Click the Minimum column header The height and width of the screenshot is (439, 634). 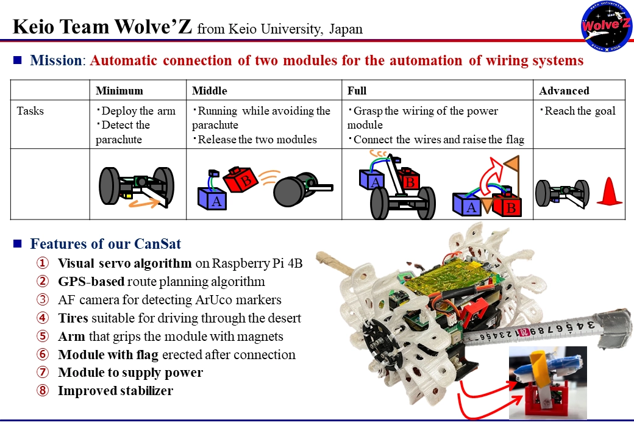(119, 91)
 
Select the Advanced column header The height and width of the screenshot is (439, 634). (564, 91)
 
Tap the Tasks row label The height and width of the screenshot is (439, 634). (30, 111)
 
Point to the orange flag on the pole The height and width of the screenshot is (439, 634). (511, 163)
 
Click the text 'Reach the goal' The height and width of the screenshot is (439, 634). (580, 111)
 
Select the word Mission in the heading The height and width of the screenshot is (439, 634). (55, 60)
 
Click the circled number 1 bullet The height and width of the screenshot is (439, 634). (41, 264)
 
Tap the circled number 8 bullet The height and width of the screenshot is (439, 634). (41, 391)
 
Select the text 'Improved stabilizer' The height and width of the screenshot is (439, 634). (115, 391)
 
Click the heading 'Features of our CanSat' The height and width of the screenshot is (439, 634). (105, 244)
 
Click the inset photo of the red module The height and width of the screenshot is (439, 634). (547, 382)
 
